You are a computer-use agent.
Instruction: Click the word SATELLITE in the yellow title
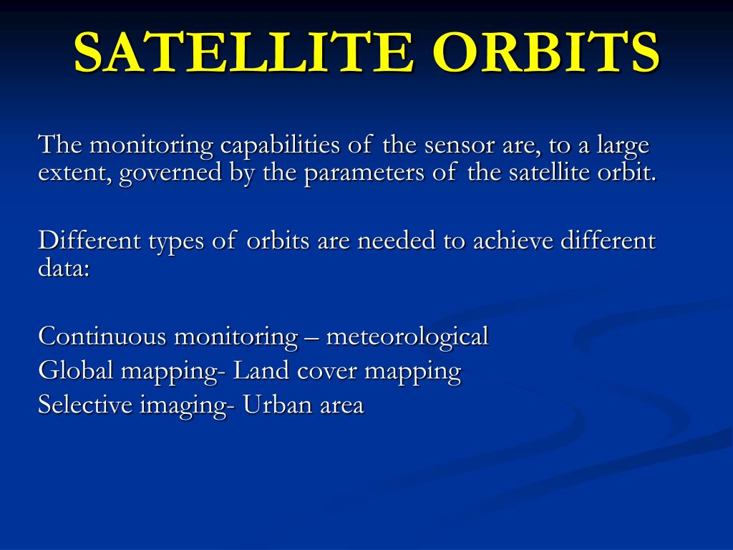243,52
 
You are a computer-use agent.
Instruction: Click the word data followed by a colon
64,269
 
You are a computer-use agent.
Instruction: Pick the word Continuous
102,337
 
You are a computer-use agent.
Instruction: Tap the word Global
76,370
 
